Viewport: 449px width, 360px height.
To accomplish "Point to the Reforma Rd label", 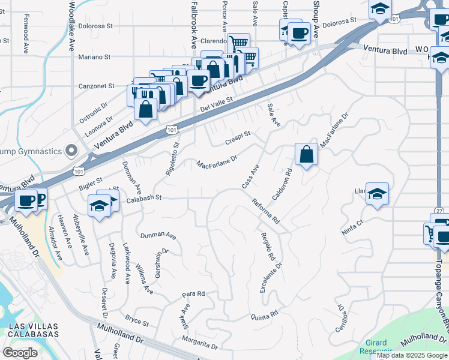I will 266,211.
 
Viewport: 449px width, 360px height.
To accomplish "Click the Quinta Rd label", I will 264,314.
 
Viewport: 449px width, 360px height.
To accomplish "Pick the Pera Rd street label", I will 194,295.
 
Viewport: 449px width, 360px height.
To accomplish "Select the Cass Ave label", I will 250,178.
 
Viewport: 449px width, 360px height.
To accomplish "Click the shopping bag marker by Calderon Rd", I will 306,154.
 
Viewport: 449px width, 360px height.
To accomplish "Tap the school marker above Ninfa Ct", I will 377,194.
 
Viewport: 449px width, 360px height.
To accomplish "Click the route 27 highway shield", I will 439,211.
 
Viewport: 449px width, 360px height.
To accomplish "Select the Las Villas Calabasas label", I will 34,329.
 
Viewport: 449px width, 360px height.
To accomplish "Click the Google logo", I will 20,353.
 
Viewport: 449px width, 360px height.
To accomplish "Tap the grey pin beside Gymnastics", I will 72,149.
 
